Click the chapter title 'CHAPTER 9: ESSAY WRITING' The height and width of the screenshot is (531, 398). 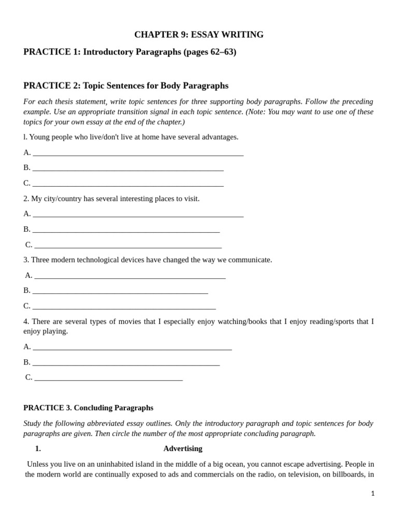click(x=198, y=35)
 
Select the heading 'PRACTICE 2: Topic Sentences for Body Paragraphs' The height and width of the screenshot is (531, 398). click(x=126, y=86)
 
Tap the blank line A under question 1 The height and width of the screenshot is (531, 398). click(x=138, y=153)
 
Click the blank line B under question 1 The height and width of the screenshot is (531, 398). click(x=128, y=169)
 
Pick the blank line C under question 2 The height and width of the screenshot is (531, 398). click(x=128, y=246)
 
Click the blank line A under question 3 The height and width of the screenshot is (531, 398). click(x=130, y=276)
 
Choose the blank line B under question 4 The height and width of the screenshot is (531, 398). click(x=126, y=363)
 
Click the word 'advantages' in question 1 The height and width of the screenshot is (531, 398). click(x=220, y=137)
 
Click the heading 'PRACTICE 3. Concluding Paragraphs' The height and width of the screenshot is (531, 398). click(x=88, y=408)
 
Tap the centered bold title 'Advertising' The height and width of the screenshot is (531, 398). click(x=183, y=449)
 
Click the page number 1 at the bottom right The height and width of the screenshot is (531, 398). click(x=373, y=494)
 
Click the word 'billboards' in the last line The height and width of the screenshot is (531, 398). click(x=347, y=474)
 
